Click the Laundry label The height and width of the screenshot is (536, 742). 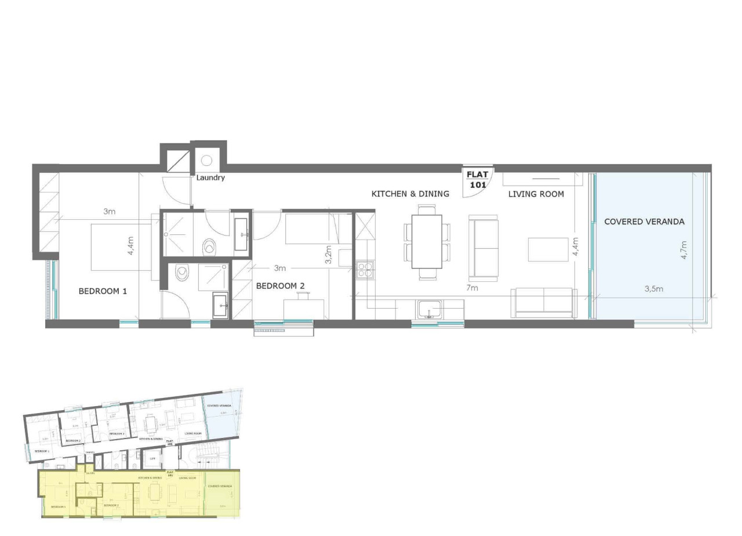[x=210, y=178]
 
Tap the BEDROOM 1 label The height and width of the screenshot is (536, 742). [x=103, y=291]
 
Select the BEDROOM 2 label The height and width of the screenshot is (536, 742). [x=280, y=285]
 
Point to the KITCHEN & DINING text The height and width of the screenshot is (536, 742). [x=410, y=194]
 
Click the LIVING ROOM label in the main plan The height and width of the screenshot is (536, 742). [x=536, y=194]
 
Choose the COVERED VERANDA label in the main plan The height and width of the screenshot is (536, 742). [x=644, y=222]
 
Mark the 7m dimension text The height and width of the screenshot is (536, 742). [x=472, y=288]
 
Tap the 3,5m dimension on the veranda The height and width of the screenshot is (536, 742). [x=653, y=288]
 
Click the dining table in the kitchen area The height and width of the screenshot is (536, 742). [x=427, y=241]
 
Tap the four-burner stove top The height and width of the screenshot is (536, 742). [x=365, y=270]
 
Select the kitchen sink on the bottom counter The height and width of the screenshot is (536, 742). [x=429, y=309]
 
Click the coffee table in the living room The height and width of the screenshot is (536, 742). [x=548, y=249]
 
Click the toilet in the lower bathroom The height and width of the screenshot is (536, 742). [x=182, y=272]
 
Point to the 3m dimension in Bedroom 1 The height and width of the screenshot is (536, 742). [x=109, y=212]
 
